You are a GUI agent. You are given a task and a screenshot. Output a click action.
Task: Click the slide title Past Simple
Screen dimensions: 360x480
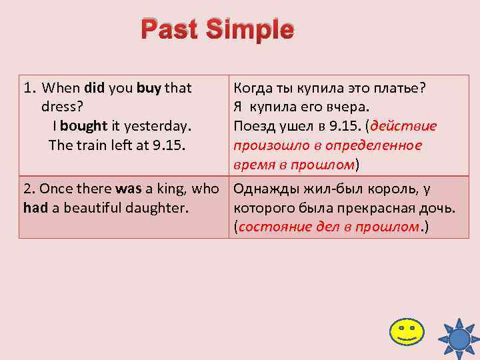point(217,30)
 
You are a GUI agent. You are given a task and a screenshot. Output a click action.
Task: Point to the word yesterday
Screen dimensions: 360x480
point(159,125)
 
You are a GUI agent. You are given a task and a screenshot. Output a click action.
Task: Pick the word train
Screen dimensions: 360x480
point(91,144)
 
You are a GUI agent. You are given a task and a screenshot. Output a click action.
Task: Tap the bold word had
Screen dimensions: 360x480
point(35,207)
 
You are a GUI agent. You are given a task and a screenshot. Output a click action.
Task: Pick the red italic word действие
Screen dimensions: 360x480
point(404,126)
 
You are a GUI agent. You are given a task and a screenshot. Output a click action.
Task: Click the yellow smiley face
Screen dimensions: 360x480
point(405,331)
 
